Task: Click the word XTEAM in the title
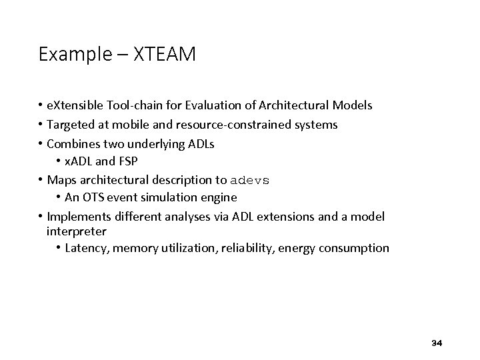click(x=165, y=54)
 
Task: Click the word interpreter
click(x=77, y=231)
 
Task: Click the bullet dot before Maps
click(x=41, y=179)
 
